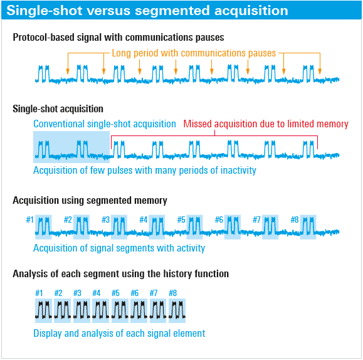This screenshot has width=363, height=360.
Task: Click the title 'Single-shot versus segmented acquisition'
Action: pos(147,11)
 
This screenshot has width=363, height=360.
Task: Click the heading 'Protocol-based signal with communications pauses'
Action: pos(118,37)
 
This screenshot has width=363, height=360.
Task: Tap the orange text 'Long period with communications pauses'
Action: pos(194,53)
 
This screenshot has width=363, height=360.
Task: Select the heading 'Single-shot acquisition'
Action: pos(58,109)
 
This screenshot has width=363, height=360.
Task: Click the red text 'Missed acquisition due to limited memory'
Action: pos(266,124)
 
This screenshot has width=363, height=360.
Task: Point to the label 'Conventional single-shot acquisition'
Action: pos(105,124)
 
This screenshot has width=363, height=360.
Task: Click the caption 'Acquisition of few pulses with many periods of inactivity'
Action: pos(145,170)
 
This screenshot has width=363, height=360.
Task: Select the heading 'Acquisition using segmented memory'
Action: pos(90,201)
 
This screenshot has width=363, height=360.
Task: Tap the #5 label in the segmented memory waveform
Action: pos(181,220)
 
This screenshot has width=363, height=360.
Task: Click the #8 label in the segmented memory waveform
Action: pos(295,220)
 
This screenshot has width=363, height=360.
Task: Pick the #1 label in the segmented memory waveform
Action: pos(30,220)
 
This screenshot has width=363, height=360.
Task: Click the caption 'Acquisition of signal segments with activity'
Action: pos(119,248)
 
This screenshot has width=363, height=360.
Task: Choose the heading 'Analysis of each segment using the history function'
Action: pos(120,274)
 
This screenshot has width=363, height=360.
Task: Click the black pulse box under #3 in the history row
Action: pos(82,310)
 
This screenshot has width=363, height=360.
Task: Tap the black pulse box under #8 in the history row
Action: pos(177,310)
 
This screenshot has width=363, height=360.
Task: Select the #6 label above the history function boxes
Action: pos(135,293)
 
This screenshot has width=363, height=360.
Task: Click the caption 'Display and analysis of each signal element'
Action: pos(119,334)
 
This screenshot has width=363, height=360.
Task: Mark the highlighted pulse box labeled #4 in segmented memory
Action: pos(157,227)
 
